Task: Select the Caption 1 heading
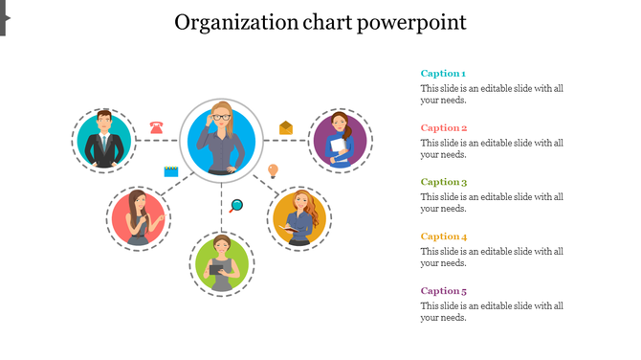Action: (443, 74)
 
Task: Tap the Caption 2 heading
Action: (444, 127)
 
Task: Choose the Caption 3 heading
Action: (444, 182)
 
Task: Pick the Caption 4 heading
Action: (444, 236)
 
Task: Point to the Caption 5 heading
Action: (444, 290)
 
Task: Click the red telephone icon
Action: (156, 126)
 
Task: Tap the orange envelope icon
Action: (285, 127)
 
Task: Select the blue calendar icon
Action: (171, 171)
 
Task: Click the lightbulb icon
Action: (273, 171)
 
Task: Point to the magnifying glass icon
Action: (236, 205)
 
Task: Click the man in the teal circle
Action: (103, 140)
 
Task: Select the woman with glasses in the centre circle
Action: (222, 140)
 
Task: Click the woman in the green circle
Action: (222, 262)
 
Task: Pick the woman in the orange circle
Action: (300, 218)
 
